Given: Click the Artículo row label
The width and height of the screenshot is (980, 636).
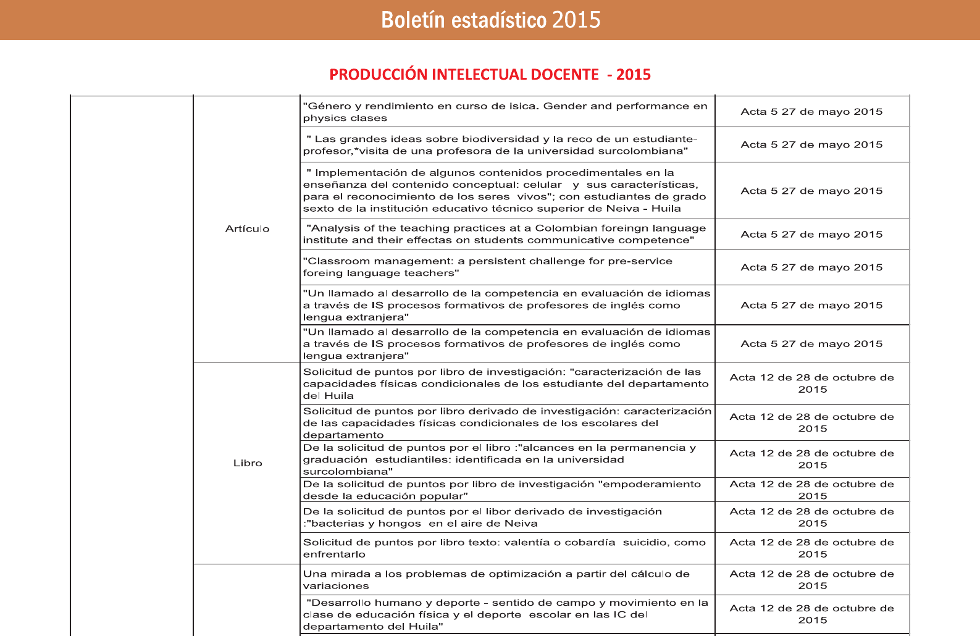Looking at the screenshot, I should (247, 229).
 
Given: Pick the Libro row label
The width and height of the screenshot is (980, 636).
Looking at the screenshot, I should (248, 463).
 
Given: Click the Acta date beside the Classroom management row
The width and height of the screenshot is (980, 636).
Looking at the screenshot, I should (811, 267).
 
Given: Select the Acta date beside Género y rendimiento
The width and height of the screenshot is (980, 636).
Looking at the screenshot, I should (811, 112).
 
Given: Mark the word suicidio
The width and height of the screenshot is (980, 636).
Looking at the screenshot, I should (645, 542).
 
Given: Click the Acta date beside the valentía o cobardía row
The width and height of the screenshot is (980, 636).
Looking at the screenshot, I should (811, 548).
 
